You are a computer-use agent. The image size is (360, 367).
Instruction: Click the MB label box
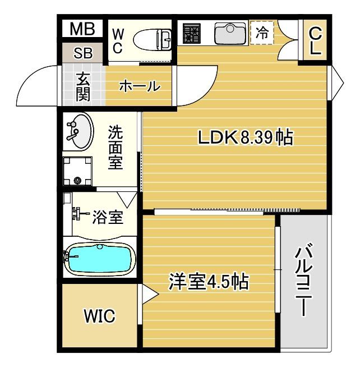point(82,28)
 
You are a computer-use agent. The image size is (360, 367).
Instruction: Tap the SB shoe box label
point(83,54)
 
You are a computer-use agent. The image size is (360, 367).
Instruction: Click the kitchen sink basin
point(230,34)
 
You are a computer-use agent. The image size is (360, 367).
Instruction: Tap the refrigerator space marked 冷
point(262,33)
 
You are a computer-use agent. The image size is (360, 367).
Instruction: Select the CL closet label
point(315,40)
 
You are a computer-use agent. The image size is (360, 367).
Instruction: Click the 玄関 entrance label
point(83,86)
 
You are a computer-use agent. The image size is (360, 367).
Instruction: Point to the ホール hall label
point(139,86)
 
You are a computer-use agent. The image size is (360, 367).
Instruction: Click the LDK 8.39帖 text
point(245,137)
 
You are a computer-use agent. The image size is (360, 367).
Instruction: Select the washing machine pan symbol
point(77,170)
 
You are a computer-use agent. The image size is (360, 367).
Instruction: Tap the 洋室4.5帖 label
point(209,281)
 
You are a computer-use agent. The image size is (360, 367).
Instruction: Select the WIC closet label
point(99,316)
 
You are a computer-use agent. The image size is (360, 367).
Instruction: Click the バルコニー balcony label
point(303,281)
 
